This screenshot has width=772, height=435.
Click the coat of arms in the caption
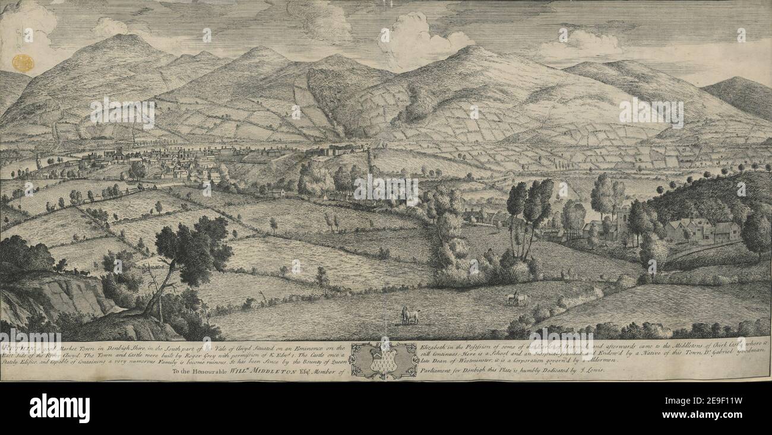point(383,360)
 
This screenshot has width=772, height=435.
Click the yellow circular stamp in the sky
point(23,63)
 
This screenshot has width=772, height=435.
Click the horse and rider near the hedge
point(515,299)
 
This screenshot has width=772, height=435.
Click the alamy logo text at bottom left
point(59,408)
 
